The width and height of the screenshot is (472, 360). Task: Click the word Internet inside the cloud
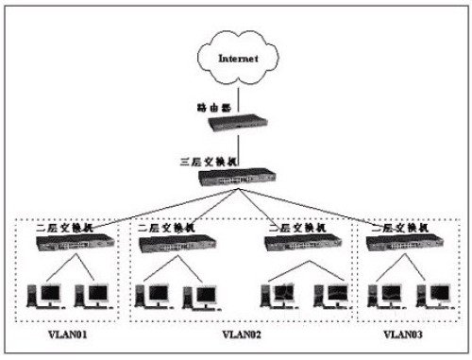pyautogui.click(x=237, y=59)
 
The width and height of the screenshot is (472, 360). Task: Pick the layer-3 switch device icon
pyautogui.click(x=236, y=177)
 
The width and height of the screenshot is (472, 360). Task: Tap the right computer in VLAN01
pyautogui.click(x=92, y=295)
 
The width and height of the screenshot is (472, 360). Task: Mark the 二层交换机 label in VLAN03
pyautogui.click(x=395, y=227)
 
